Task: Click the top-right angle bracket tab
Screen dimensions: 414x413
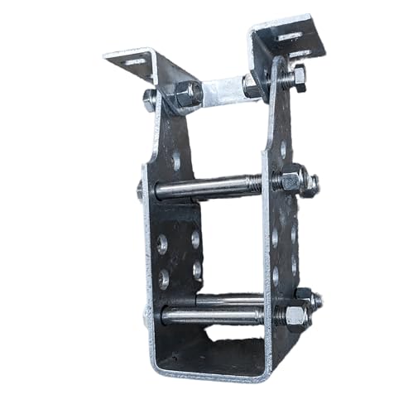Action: point(286,37)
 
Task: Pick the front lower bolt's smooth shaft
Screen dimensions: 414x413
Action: point(211,315)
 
